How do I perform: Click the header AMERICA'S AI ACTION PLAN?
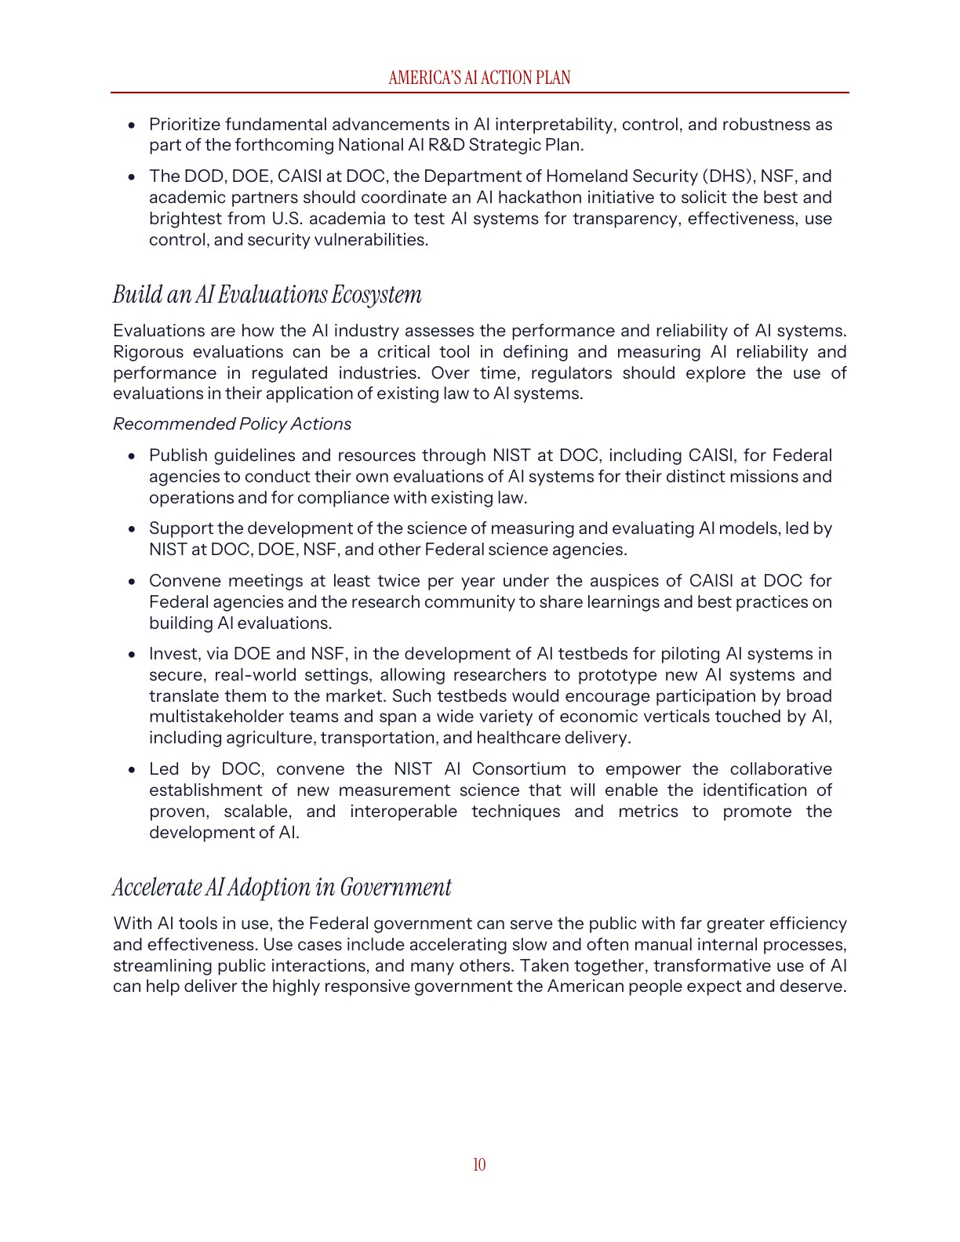[479, 78]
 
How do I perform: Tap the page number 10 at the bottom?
[479, 1164]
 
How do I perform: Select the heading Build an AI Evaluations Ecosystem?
[267, 295]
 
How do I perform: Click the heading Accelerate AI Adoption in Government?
[282, 888]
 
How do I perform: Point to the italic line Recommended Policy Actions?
[232, 424]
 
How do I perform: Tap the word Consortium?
[518, 769]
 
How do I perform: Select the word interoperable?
[403, 812]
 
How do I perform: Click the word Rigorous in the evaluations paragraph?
[147, 352]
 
